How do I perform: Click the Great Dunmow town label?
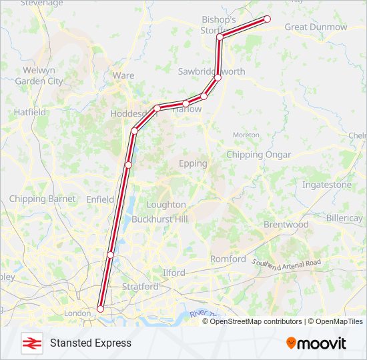tap(316, 27)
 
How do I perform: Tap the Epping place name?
tap(193, 163)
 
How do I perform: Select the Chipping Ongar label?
tap(258, 155)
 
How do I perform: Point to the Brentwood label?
tap(286, 225)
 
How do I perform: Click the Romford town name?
tap(228, 259)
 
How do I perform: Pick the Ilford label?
tap(173, 273)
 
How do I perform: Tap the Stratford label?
tap(140, 287)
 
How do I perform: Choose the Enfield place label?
tap(100, 199)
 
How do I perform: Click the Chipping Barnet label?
tap(42, 199)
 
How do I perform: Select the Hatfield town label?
tap(30, 112)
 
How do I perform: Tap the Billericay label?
tap(344, 218)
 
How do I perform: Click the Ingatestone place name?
tap(327, 184)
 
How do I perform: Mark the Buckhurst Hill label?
tap(159, 219)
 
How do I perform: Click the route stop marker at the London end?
tap(100, 309)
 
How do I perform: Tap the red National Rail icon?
tap(30, 343)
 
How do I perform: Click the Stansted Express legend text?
tap(91, 343)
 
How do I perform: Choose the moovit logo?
tap(316, 343)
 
